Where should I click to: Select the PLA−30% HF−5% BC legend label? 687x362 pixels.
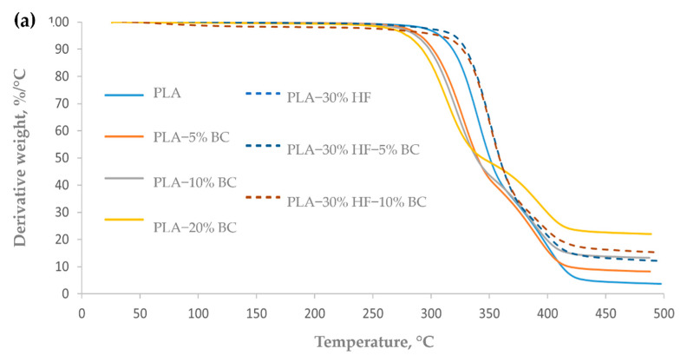[353, 148]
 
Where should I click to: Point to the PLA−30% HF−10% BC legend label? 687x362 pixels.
[356, 201]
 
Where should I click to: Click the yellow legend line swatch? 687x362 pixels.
[123, 219]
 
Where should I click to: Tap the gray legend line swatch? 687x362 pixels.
[123, 177]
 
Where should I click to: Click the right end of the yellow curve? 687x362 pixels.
[651, 234]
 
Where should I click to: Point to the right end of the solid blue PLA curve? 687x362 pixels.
[662, 284]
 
